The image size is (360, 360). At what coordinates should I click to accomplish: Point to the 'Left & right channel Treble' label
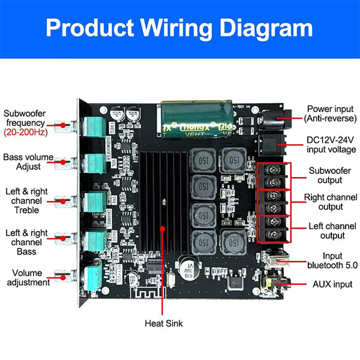click(x=28, y=200)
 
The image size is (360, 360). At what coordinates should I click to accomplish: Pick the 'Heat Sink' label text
click(x=164, y=323)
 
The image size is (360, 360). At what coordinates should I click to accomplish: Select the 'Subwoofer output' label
click(x=328, y=175)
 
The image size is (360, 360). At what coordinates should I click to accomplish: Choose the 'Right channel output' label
click(x=328, y=202)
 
